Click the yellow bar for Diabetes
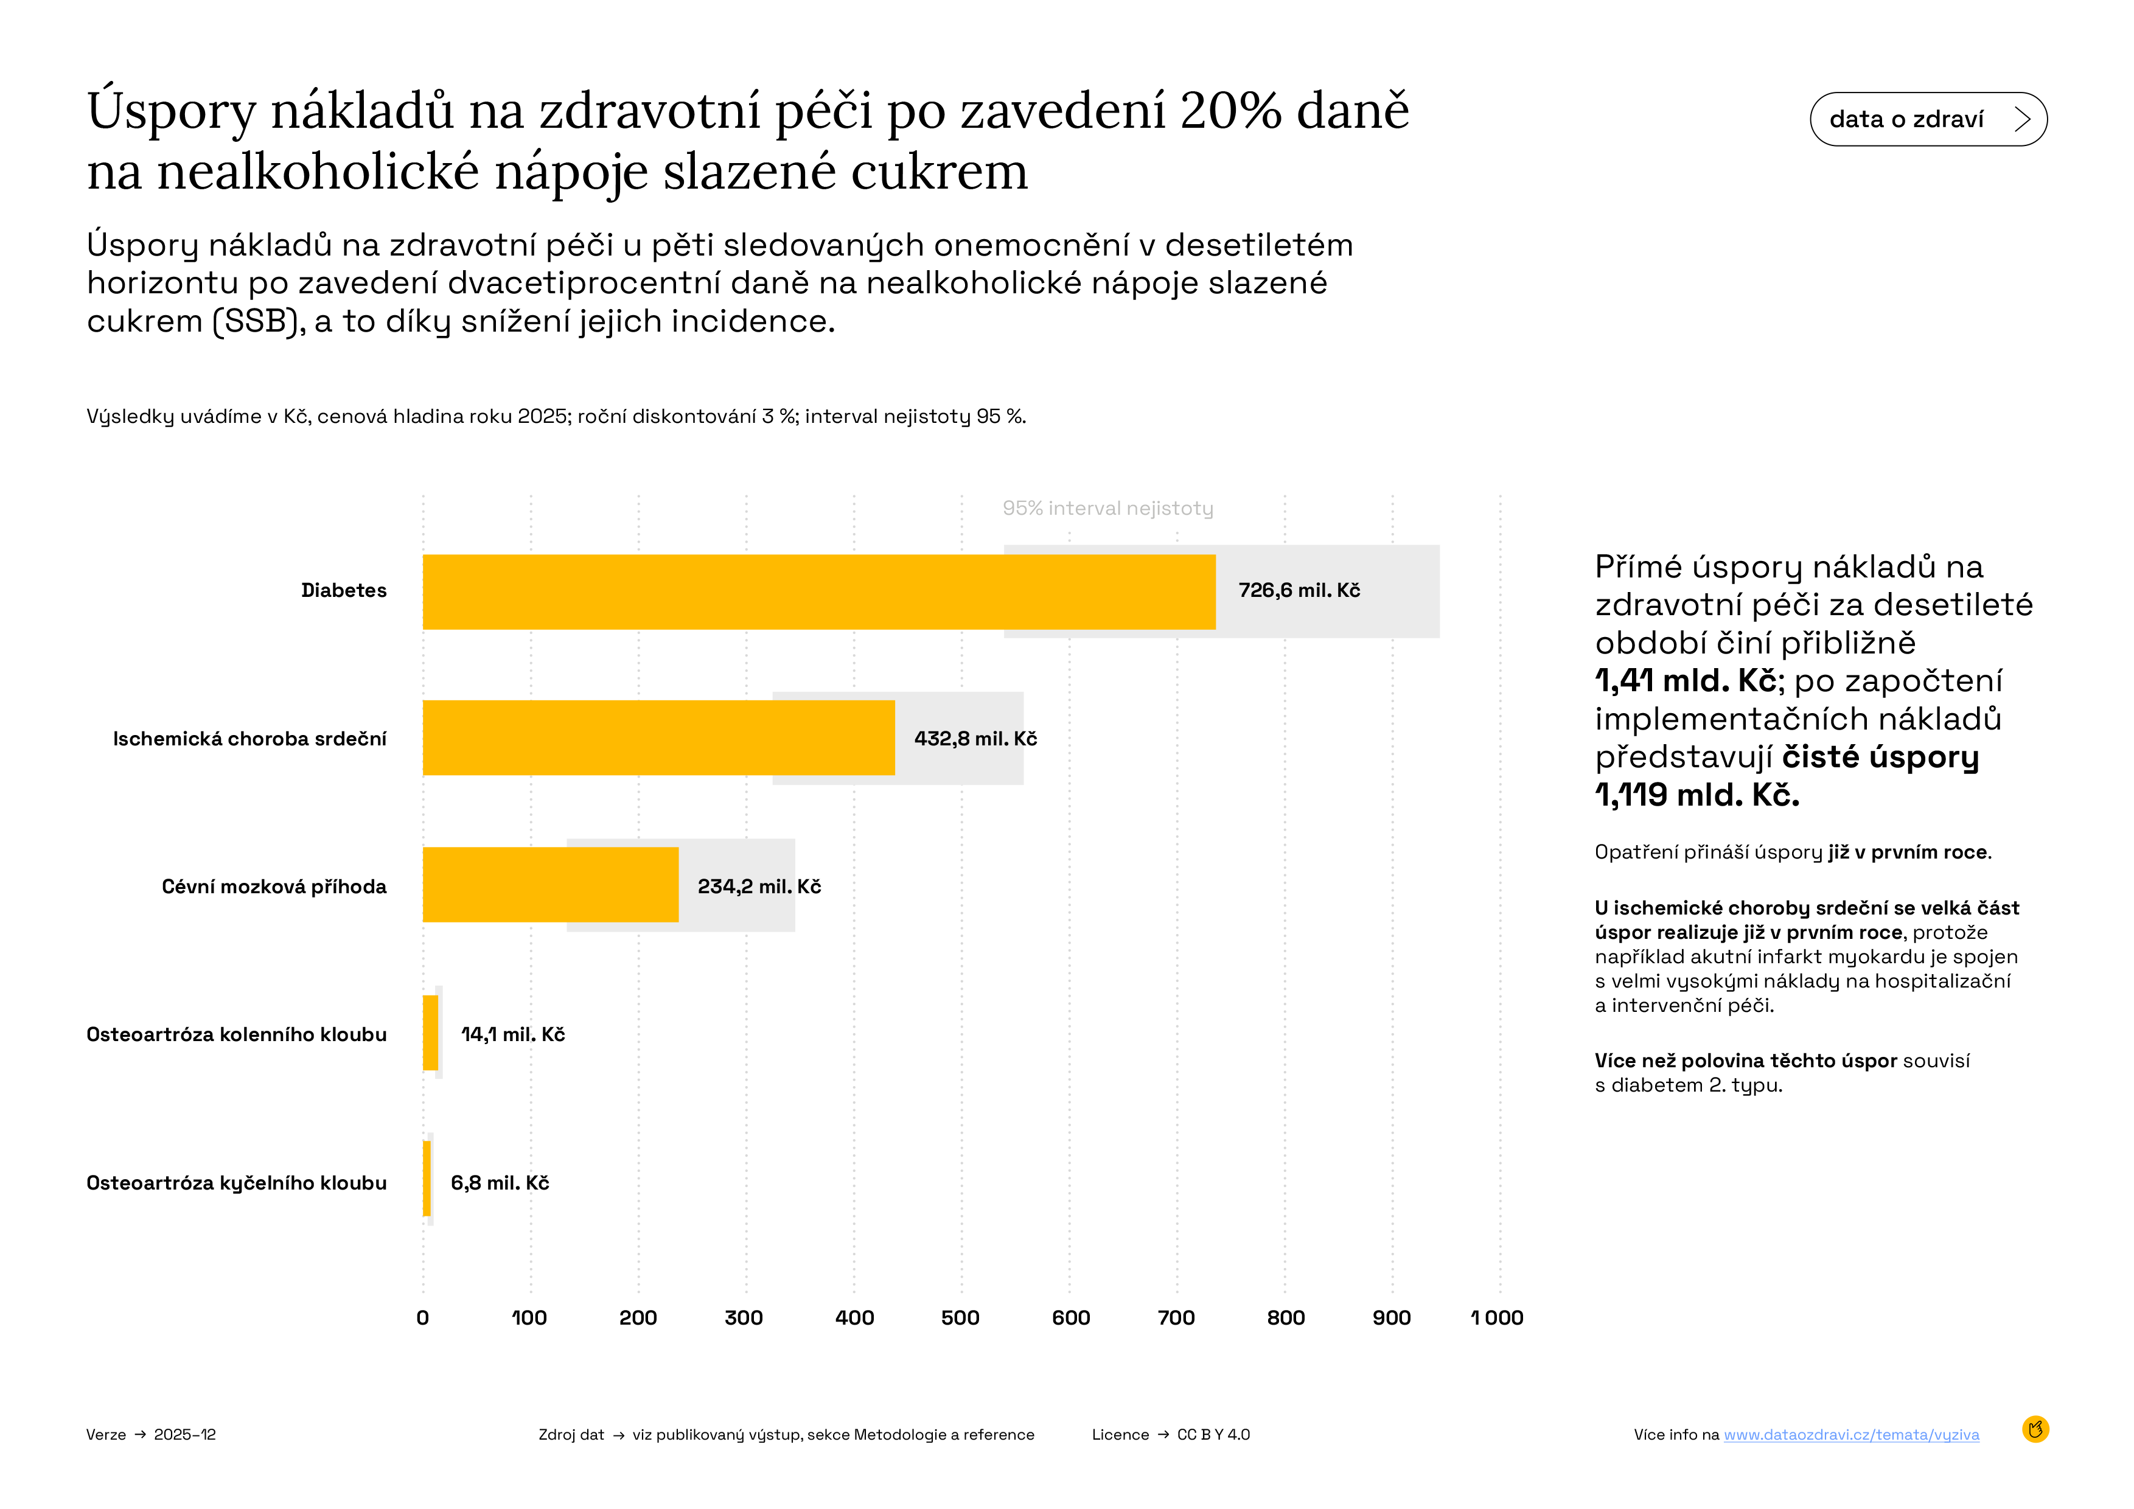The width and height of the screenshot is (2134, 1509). (818, 592)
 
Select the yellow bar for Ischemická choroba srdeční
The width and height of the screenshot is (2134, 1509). (658, 738)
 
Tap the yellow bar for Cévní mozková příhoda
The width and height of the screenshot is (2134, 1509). (550, 885)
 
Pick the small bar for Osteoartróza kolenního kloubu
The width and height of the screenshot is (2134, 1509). (430, 1033)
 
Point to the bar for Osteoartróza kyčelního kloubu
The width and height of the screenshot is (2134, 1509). (427, 1178)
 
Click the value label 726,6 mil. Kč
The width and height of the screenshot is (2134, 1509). (1299, 591)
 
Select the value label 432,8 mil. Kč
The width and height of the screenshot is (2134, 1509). (975, 739)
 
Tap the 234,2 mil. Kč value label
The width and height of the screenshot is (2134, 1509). (758, 887)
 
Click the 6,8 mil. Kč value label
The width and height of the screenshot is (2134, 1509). (499, 1183)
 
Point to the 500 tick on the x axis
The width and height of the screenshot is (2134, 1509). (960, 1317)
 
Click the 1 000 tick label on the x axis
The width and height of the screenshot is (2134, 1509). (1496, 1317)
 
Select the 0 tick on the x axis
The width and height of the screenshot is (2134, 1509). (423, 1317)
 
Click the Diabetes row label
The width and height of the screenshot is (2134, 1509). (343, 591)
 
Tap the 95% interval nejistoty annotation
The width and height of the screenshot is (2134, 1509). (1107, 508)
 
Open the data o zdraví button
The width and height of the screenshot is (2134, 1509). (1928, 119)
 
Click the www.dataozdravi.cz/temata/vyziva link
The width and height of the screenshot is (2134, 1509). (1850, 1435)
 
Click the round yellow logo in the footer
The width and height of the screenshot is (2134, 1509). (2035, 1429)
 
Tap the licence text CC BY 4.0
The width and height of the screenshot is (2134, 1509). (1213, 1435)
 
